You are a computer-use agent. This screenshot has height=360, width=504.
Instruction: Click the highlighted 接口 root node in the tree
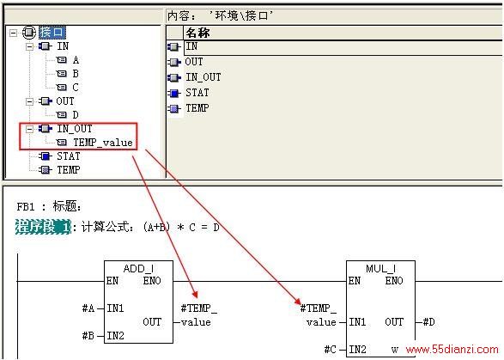tap(52, 32)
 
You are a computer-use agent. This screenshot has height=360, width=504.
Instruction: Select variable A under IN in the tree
tap(76, 60)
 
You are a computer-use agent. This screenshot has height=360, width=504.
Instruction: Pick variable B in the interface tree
tap(76, 74)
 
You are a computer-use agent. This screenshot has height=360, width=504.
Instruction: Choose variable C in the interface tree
tap(76, 88)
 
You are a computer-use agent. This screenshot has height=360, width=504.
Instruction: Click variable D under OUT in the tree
tap(76, 115)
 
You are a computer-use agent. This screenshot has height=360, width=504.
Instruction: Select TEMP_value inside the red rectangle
tap(103, 143)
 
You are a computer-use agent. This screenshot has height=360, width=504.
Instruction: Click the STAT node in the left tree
tap(69, 156)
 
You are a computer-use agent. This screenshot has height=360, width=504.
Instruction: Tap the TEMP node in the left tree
tap(69, 170)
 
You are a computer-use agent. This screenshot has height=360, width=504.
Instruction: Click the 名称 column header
tap(197, 33)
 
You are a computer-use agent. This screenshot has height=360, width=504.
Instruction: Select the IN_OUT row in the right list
tap(203, 77)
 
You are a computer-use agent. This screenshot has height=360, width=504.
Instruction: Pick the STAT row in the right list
tap(197, 93)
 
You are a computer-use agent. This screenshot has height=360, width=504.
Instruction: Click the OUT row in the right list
tap(194, 62)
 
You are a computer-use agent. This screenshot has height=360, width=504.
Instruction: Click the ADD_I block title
tap(138, 269)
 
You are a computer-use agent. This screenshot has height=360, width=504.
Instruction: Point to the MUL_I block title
tap(381, 269)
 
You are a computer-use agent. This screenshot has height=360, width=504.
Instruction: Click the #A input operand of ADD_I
tap(88, 308)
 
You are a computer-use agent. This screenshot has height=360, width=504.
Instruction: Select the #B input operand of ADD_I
tap(88, 336)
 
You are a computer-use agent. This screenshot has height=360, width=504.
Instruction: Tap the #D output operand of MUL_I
tap(428, 321)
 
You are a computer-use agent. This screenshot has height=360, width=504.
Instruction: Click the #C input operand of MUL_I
tap(331, 350)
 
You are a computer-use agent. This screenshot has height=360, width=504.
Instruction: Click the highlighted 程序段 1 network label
tap(43, 227)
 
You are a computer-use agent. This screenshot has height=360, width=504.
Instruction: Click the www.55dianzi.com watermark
tap(452, 350)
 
